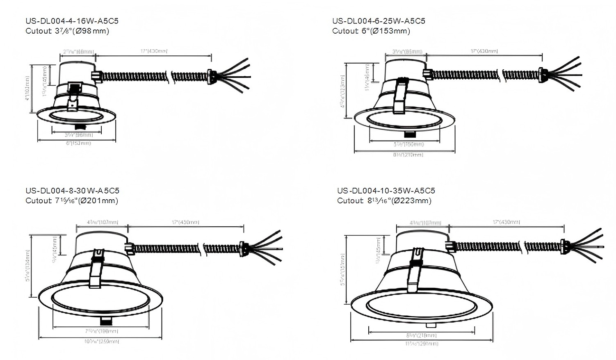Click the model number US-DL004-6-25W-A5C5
click(x=379, y=21)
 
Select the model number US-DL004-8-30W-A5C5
click(x=72, y=191)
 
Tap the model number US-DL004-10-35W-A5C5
click(x=386, y=191)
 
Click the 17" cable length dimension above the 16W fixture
click(x=154, y=51)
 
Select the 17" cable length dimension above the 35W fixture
click(x=506, y=222)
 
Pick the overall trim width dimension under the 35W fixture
click(x=421, y=344)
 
